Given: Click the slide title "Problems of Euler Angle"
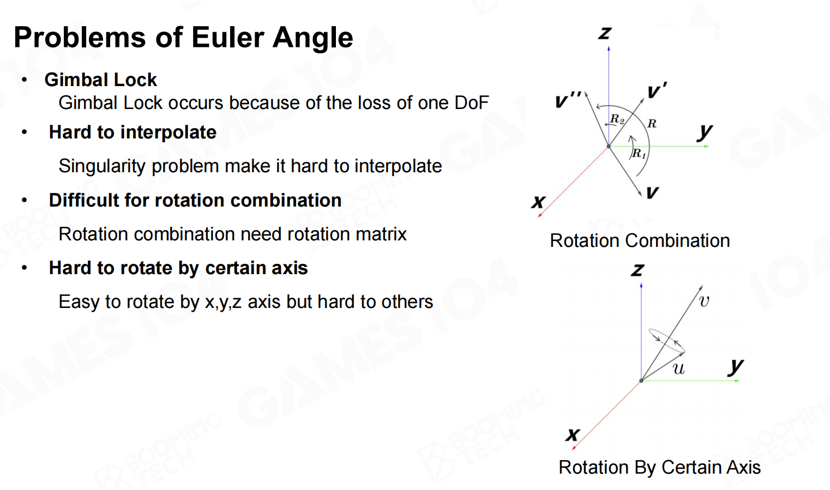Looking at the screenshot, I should coord(183,38).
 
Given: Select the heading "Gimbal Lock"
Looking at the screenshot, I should coord(101,80).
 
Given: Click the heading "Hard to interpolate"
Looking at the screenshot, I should coord(133,132).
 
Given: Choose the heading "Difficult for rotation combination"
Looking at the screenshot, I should coord(195,200).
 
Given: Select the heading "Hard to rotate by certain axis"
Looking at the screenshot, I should coord(178,268).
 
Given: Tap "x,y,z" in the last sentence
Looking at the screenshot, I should coord(223,302).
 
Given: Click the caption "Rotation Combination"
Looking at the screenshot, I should coord(640,240).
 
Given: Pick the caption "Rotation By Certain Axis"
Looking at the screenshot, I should coord(659,467).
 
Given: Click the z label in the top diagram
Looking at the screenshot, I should coord(605,33).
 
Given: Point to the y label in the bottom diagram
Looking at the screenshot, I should coord(736,366).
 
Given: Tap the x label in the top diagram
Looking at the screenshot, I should coord(538,202).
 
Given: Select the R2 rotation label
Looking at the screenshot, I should coord(617,119).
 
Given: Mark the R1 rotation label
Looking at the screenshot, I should coord(639,154).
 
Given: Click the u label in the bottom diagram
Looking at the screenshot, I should coord(678,369).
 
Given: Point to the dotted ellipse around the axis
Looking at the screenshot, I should coord(666,340).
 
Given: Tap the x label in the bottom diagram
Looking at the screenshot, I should coord(572,434).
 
